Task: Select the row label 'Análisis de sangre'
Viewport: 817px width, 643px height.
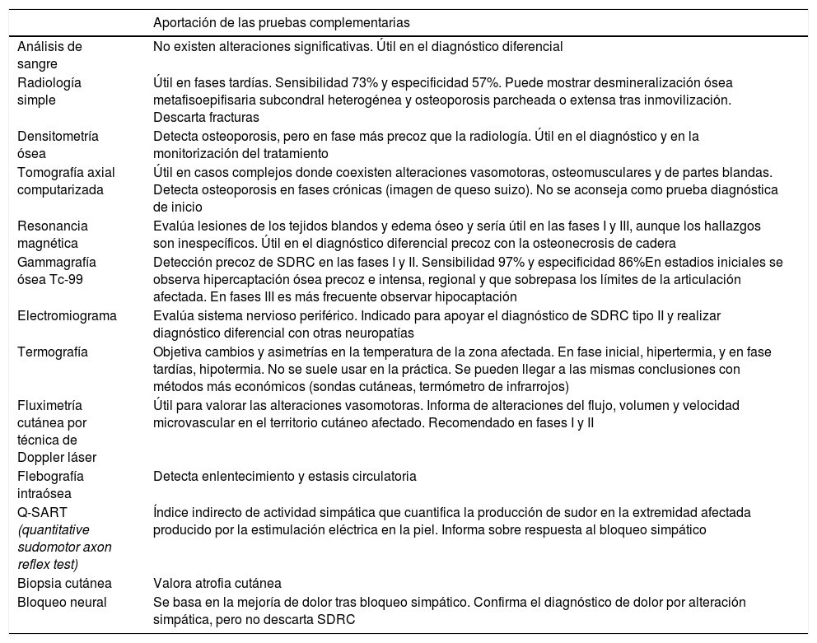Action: click(x=49, y=54)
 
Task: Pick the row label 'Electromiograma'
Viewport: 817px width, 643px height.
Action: click(x=67, y=315)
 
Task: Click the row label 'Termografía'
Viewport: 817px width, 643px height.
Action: click(x=51, y=352)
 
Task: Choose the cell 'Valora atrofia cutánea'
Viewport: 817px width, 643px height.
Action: click(x=217, y=583)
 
